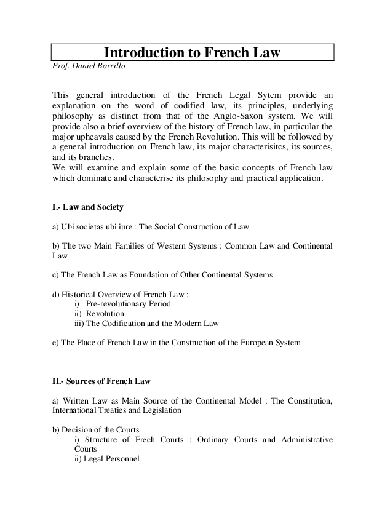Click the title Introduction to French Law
pyautogui.click(x=191, y=52)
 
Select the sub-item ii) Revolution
pyautogui.click(x=99, y=314)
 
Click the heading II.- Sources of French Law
pyautogui.click(x=101, y=381)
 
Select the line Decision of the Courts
pyautogui.click(x=96, y=429)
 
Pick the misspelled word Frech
pyautogui.click(x=151, y=439)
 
